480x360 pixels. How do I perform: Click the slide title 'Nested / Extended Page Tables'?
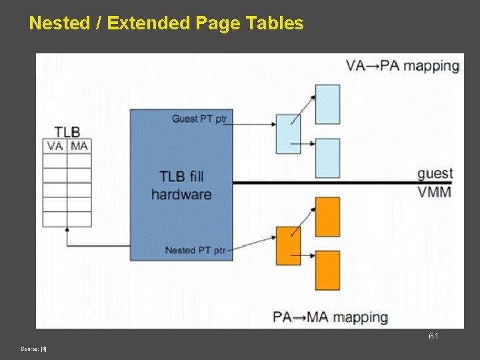click(x=166, y=23)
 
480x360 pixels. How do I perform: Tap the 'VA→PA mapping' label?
click(x=403, y=66)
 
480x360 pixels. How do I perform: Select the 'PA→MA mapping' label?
click(x=331, y=317)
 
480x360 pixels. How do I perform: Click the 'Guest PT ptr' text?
click(x=199, y=119)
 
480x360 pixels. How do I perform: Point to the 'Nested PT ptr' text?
click(x=195, y=250)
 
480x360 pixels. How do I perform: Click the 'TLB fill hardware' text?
click(x=181, y=185)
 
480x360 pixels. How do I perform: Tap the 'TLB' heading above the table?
click(x=67, y=131)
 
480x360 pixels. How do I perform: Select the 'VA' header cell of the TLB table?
click(x=55, y=146)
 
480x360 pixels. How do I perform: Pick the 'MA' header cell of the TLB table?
click(x=79, y=146)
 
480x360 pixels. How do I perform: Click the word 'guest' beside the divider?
click(x=435, y=173)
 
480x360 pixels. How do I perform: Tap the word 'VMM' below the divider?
click(x=435, y=192)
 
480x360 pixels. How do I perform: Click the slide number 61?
click(x=433, y=337)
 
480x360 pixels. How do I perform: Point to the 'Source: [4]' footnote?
click(x=33, y=349)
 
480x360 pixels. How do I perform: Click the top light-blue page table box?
click(x=327, y=104)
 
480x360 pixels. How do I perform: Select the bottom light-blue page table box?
click(x=327, y=158)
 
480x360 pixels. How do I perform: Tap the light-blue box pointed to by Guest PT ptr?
click(x=289, y=134)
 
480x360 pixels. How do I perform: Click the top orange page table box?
click(x=327, y=217)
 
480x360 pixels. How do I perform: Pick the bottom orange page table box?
click(x=327, y=270)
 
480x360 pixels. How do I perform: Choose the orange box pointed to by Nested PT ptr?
click(x=289, y=245)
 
